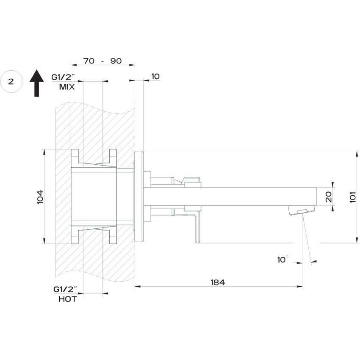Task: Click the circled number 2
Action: [11, 82]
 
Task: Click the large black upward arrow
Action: [37, 83]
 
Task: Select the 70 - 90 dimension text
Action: [102, 61]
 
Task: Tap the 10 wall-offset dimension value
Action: [155, 77]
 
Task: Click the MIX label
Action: [67, 87]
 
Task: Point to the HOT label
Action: [68, 299]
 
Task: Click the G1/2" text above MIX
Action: [64, 77]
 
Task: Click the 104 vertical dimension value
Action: [41, 197]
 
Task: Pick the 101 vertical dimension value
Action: [353, 197]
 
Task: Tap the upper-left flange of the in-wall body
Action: [75, 156]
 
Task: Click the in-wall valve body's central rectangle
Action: [94, 196]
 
